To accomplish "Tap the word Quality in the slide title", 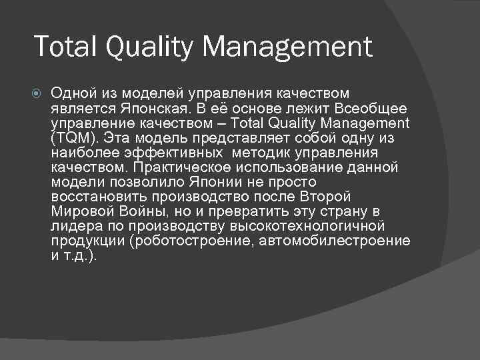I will (145, 48).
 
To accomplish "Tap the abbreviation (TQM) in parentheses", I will (73, 138).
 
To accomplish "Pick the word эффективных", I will (174, 153).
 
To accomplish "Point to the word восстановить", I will (99, 197).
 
